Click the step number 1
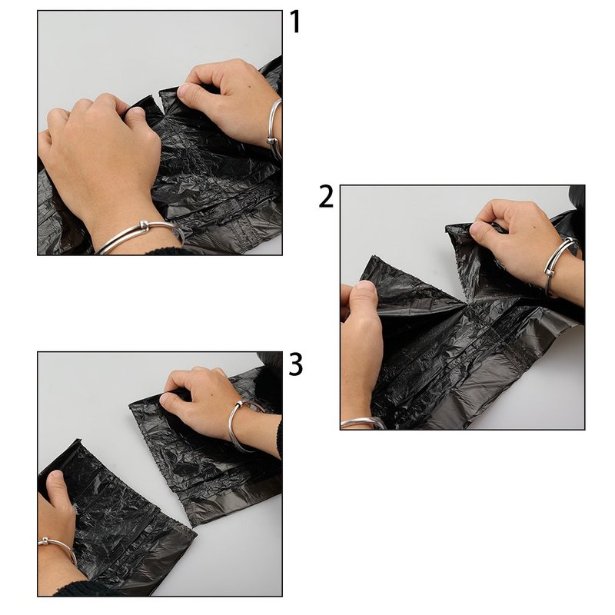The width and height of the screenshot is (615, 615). tap(295, 22)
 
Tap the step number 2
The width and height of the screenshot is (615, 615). tap(326, 197)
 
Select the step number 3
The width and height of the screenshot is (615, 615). tap(296, 364)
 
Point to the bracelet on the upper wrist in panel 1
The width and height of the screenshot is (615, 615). tap(274, 129)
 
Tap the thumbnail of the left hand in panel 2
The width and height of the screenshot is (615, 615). tap(366, 286)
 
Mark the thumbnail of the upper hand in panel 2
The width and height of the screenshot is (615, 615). tap(476, 228)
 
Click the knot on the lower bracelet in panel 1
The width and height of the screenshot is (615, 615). tap(144, 225)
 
